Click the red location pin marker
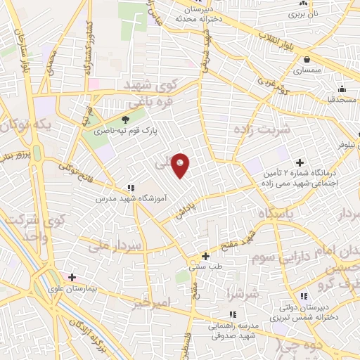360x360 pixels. (181, 165)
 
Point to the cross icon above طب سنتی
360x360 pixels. (205, 256)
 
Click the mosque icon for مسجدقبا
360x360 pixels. (342, 89)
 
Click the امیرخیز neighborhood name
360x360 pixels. (151, 302)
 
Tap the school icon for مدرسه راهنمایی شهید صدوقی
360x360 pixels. (232, 314)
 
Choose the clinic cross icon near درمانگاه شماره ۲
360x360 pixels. (301, 162)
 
